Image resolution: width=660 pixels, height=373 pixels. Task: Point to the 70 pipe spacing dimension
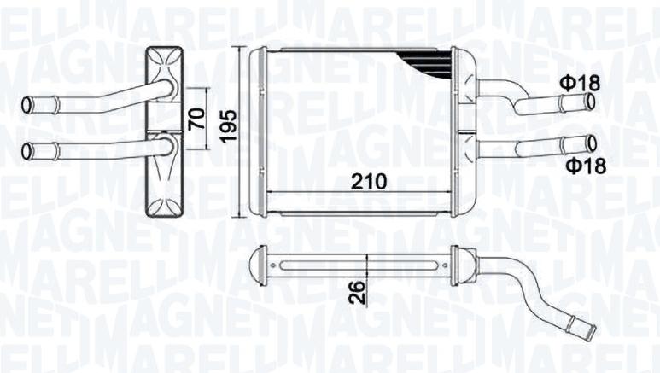click(196, 118)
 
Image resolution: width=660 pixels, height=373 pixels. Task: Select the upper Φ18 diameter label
click(580, 83)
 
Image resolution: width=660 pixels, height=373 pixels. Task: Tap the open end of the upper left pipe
click(26, 106)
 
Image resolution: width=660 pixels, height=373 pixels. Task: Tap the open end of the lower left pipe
click(26, 153)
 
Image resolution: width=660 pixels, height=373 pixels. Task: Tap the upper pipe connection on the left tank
click(166, 88)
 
